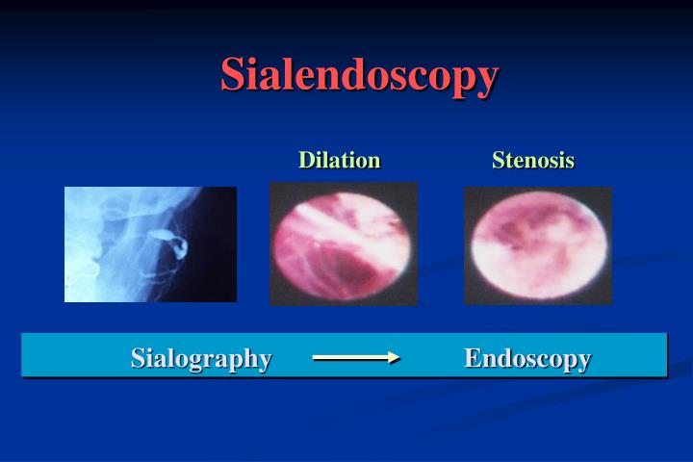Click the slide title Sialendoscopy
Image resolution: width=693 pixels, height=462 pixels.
359,75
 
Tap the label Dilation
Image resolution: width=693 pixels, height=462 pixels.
339,160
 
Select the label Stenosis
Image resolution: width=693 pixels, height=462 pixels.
532,160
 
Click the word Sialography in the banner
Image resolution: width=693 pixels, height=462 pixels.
201,358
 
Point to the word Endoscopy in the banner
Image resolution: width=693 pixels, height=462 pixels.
527,358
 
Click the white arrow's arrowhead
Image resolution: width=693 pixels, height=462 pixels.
393,358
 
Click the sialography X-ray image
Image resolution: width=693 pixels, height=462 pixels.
150,244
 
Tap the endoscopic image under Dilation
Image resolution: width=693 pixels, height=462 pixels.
343,244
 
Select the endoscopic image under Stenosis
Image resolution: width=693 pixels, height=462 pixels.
537,244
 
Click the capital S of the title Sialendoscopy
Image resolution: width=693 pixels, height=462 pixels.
234,75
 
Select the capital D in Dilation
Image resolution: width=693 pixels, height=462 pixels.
306,160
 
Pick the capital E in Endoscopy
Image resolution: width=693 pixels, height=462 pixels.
473,358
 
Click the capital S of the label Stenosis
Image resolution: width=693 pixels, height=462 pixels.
499,160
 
